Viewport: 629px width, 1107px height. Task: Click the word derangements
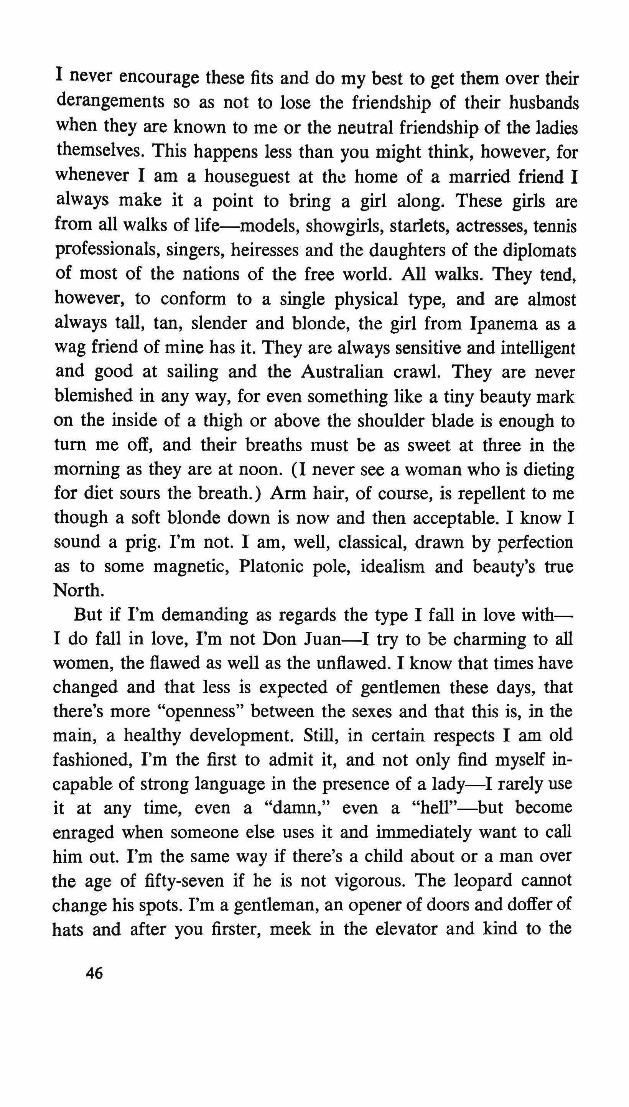coord(110,102)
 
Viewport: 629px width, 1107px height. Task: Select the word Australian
coord(342,372)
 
